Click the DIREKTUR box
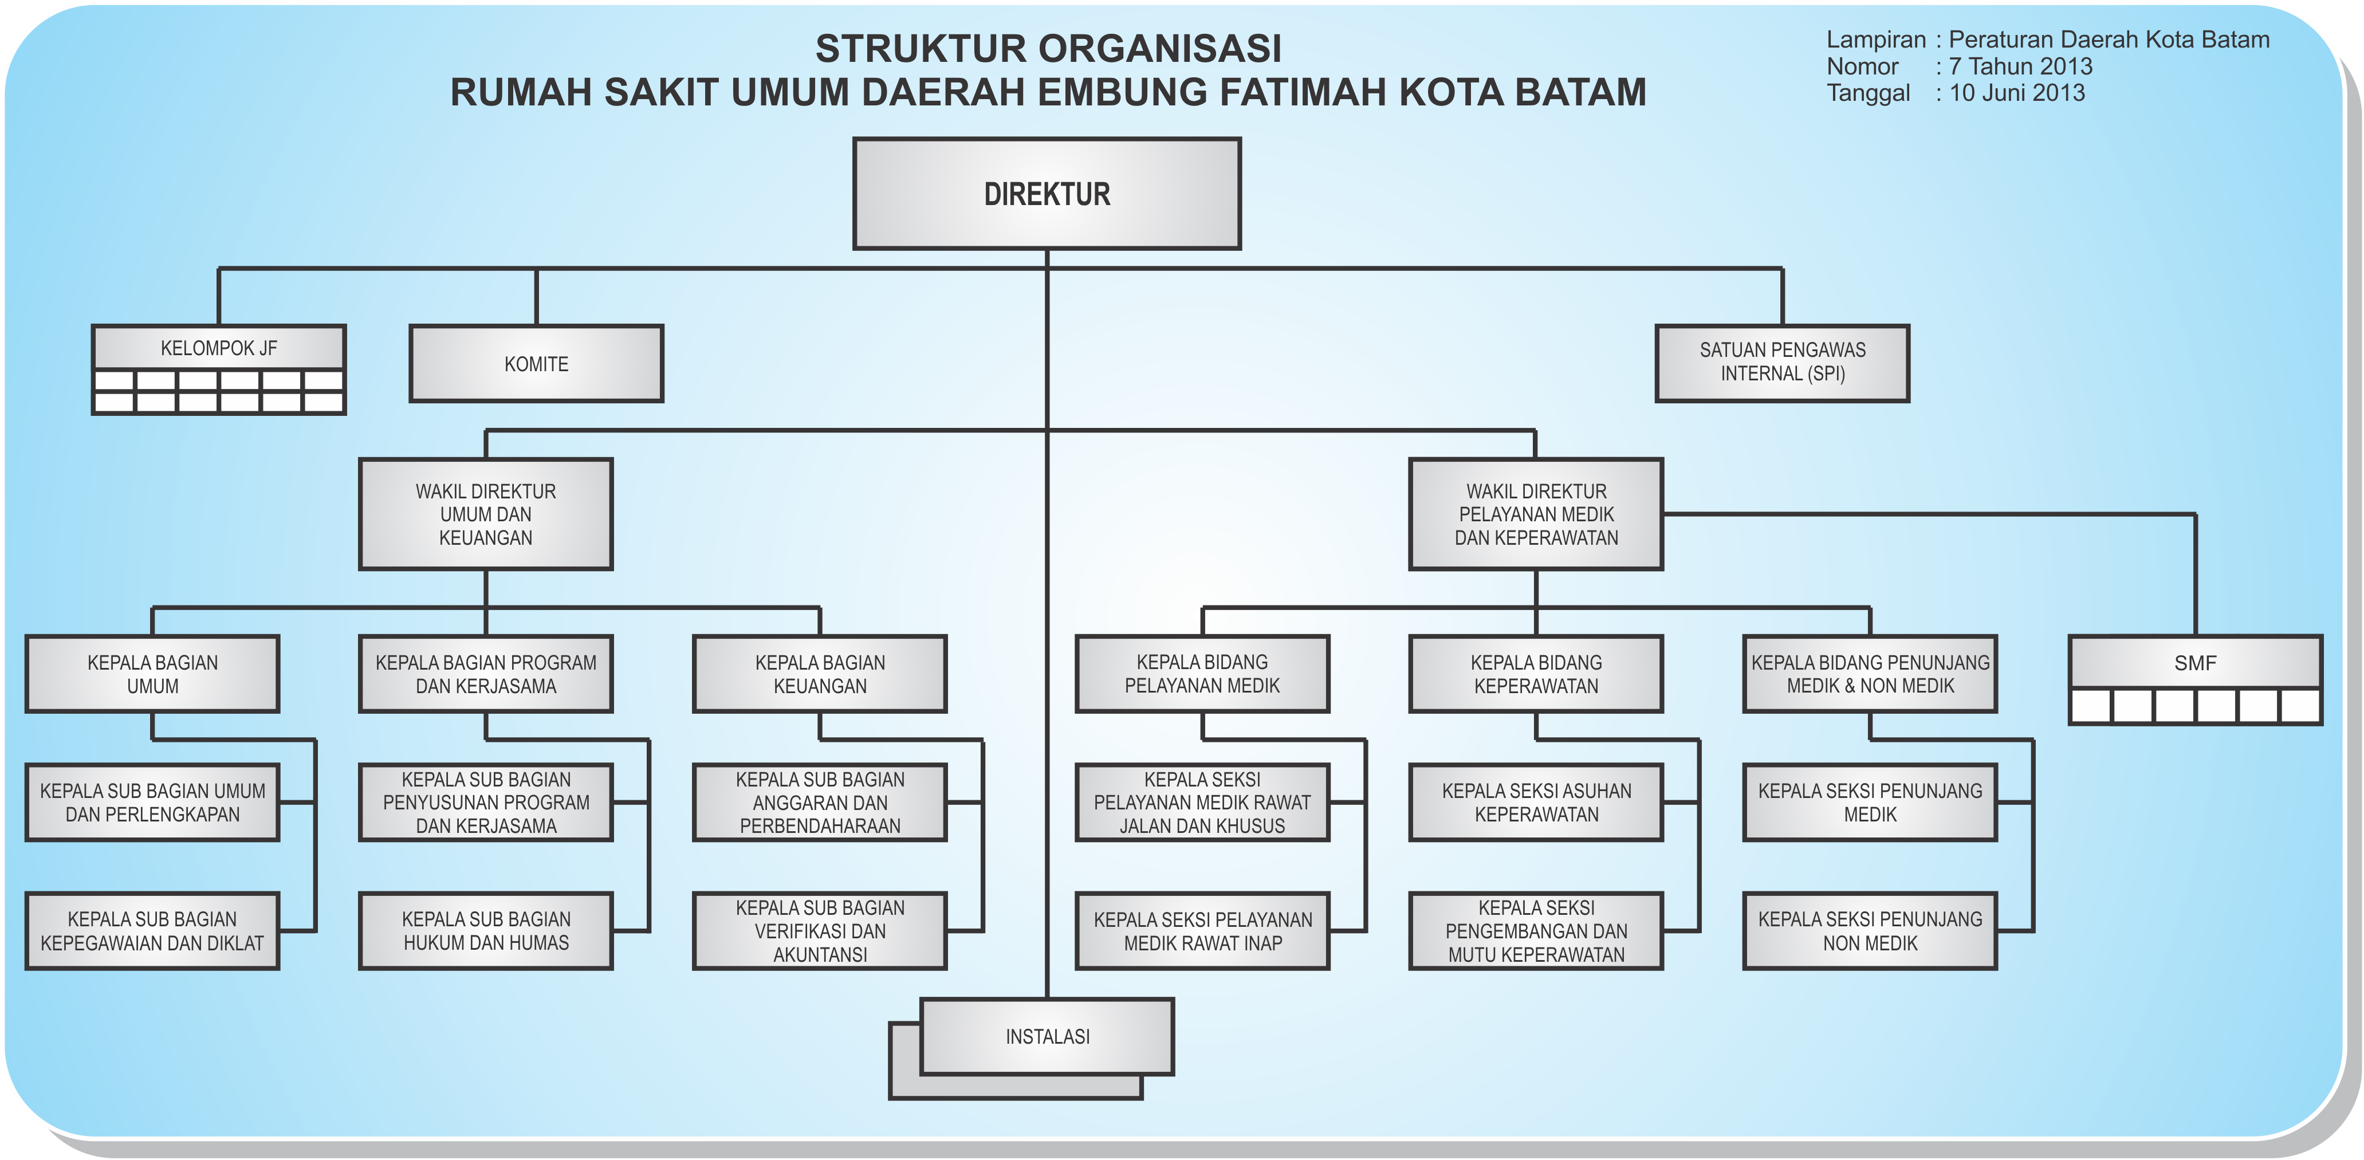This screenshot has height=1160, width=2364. pyautogui.click(x=1047, y=194)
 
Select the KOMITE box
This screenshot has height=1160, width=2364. pyautogui.click(x=536, y=363)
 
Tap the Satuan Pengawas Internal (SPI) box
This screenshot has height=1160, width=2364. pyautogui.click(x=1782, y=363)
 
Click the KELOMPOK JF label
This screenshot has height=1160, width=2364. pyautogui.click(x=218, y=349)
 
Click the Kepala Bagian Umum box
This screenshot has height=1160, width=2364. pyautogui.click(x=152, y=674)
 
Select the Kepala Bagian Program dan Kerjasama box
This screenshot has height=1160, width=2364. pyautogui.click(x=486, y=674)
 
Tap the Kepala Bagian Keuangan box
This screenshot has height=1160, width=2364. pyautogui.click(x=820, y=674)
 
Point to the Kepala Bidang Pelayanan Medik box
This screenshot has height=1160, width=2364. pyautogui.click(x=1202, y=674)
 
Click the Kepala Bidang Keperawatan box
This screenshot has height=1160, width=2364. pyautogui.click(x=1536, y=674)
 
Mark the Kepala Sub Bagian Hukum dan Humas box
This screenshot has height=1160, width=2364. pyautogui.click(x=486, y=930)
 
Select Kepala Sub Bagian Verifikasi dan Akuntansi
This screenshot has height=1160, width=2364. pyautogui.click(x=820, y=930)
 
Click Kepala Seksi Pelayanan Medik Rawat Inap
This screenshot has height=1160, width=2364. pyautogui.click(x=1202, y=930)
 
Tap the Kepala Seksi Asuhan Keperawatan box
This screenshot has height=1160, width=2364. pyautogui.click(x=1536, y=802)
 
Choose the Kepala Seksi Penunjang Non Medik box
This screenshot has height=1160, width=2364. pyautogui.click(x=1870, y=930)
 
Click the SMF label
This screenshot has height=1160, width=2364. pyautogui.click(x=2195, y=663)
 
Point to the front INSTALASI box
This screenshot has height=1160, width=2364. pyautogui.click(x=1047, y=1036)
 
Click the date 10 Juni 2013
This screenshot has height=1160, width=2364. pyautogui.click(x=2017, y=93)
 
